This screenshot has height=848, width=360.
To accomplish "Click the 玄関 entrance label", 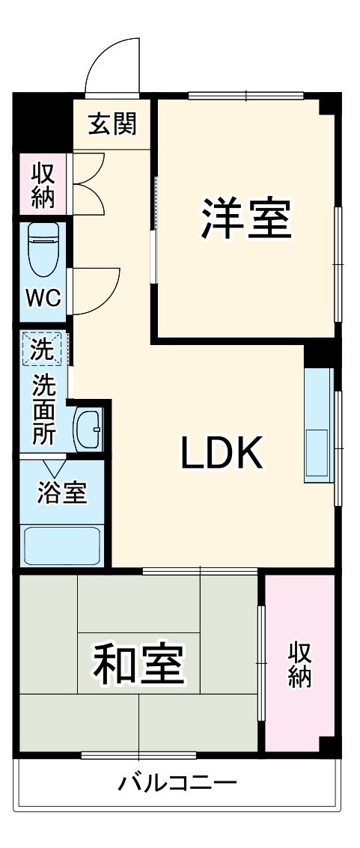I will [113, 124].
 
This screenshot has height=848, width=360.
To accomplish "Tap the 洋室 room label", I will [245, 217].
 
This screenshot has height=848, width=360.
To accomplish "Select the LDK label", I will [221, 453].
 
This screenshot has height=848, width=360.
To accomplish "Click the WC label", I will [43, 297].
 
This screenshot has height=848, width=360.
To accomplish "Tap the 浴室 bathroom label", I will [63, 493].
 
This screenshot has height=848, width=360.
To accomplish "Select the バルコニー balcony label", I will [177, 784].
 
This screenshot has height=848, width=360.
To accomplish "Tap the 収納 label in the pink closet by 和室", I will [301, 663].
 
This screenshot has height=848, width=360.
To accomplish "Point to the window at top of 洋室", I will [245, 95].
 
